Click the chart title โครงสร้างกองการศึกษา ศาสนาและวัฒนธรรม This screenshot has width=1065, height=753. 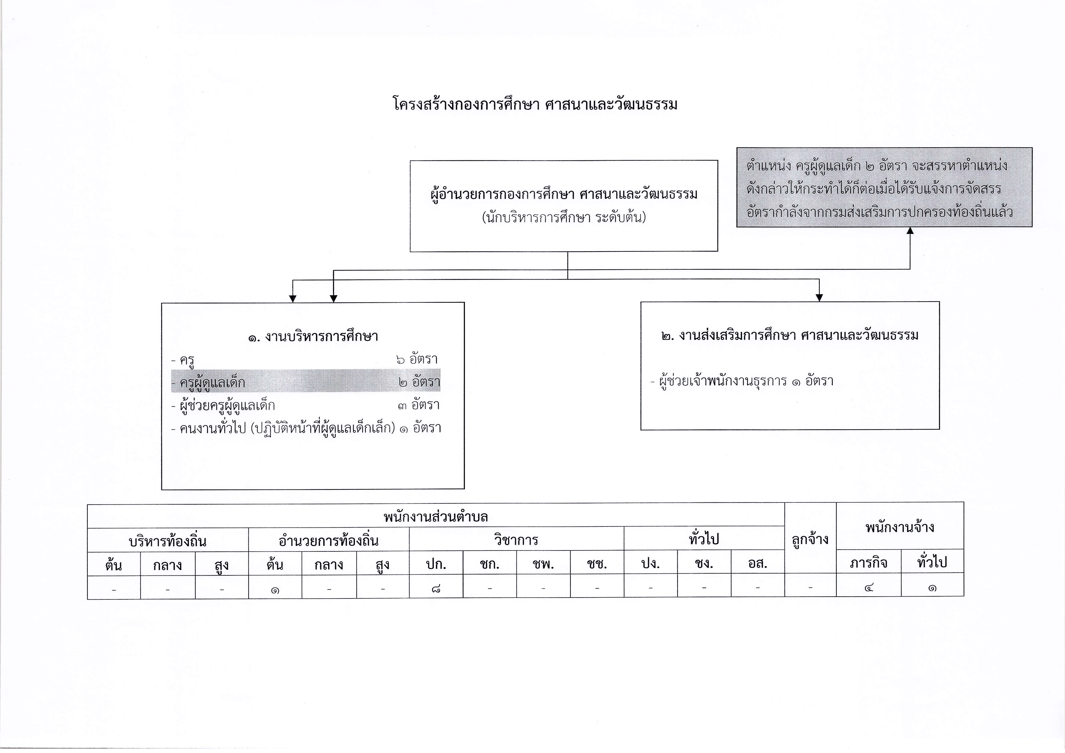pos(535,104)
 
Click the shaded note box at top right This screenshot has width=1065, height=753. pos(884,187)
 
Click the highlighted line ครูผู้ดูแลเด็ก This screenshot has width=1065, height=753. pos(306,381)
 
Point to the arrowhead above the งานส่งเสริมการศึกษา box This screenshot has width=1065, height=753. pos(819,297)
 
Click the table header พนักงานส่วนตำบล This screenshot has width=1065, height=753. pos(436,516)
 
